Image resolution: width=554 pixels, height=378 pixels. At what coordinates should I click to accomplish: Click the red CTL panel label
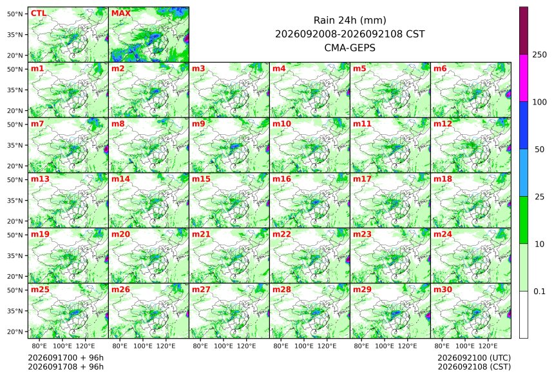39,14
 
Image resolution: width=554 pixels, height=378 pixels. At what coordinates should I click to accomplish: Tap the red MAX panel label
121,14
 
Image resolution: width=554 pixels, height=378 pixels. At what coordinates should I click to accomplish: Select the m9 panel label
198,124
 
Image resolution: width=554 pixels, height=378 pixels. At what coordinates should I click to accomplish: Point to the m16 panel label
282,179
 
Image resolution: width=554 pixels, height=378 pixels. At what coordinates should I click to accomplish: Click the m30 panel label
443,290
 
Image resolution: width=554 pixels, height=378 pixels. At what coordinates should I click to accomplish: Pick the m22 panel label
282,234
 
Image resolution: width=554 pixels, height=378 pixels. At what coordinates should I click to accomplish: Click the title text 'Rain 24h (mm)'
350,21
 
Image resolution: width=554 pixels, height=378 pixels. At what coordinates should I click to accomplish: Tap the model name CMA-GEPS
350,48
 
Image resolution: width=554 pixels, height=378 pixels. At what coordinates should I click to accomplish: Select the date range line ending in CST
350,34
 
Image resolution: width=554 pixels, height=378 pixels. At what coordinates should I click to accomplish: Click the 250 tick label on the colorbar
539,55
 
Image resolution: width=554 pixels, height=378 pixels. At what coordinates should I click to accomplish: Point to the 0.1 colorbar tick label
539,292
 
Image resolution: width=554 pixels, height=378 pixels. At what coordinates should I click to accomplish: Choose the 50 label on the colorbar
539,150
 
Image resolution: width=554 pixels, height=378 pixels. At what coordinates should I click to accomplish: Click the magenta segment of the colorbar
524,78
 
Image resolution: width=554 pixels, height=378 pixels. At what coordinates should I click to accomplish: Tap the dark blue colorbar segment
524,126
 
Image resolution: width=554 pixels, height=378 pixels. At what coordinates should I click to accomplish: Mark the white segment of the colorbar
524,315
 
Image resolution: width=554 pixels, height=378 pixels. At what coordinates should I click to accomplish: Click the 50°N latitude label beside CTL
15,14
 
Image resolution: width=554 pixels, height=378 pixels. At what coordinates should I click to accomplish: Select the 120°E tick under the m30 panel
488,346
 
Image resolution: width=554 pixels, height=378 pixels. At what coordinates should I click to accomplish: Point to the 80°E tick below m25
39,346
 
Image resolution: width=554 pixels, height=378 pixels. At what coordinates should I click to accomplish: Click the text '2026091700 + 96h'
66,357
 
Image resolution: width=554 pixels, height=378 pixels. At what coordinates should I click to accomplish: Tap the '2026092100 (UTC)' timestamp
474,357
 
